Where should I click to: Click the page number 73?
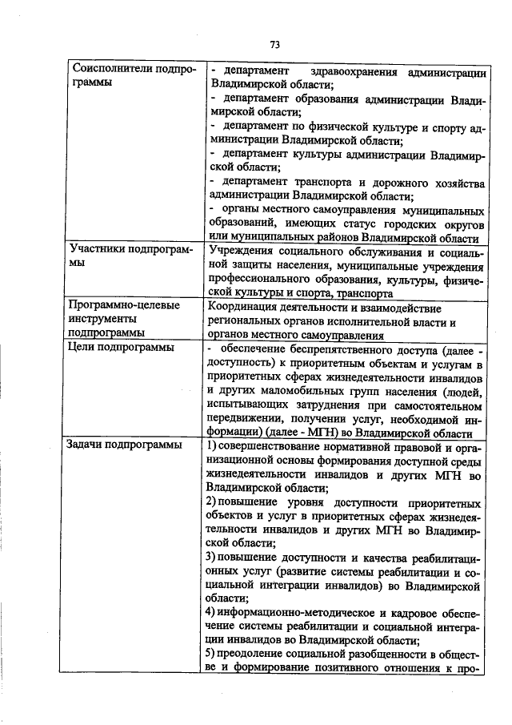tap(274, 44)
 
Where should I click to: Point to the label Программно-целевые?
tap(122, 305)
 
